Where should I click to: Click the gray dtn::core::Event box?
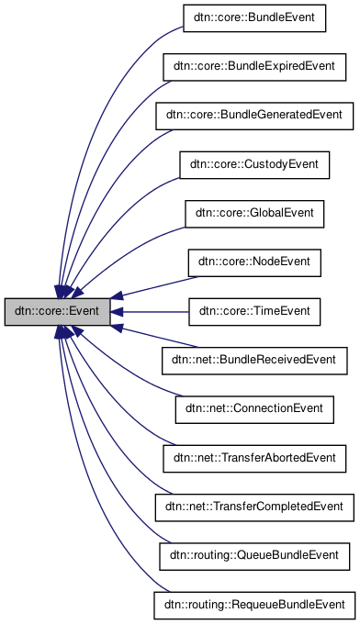pos(57,312)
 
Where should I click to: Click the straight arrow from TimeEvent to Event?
pos(152,312)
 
